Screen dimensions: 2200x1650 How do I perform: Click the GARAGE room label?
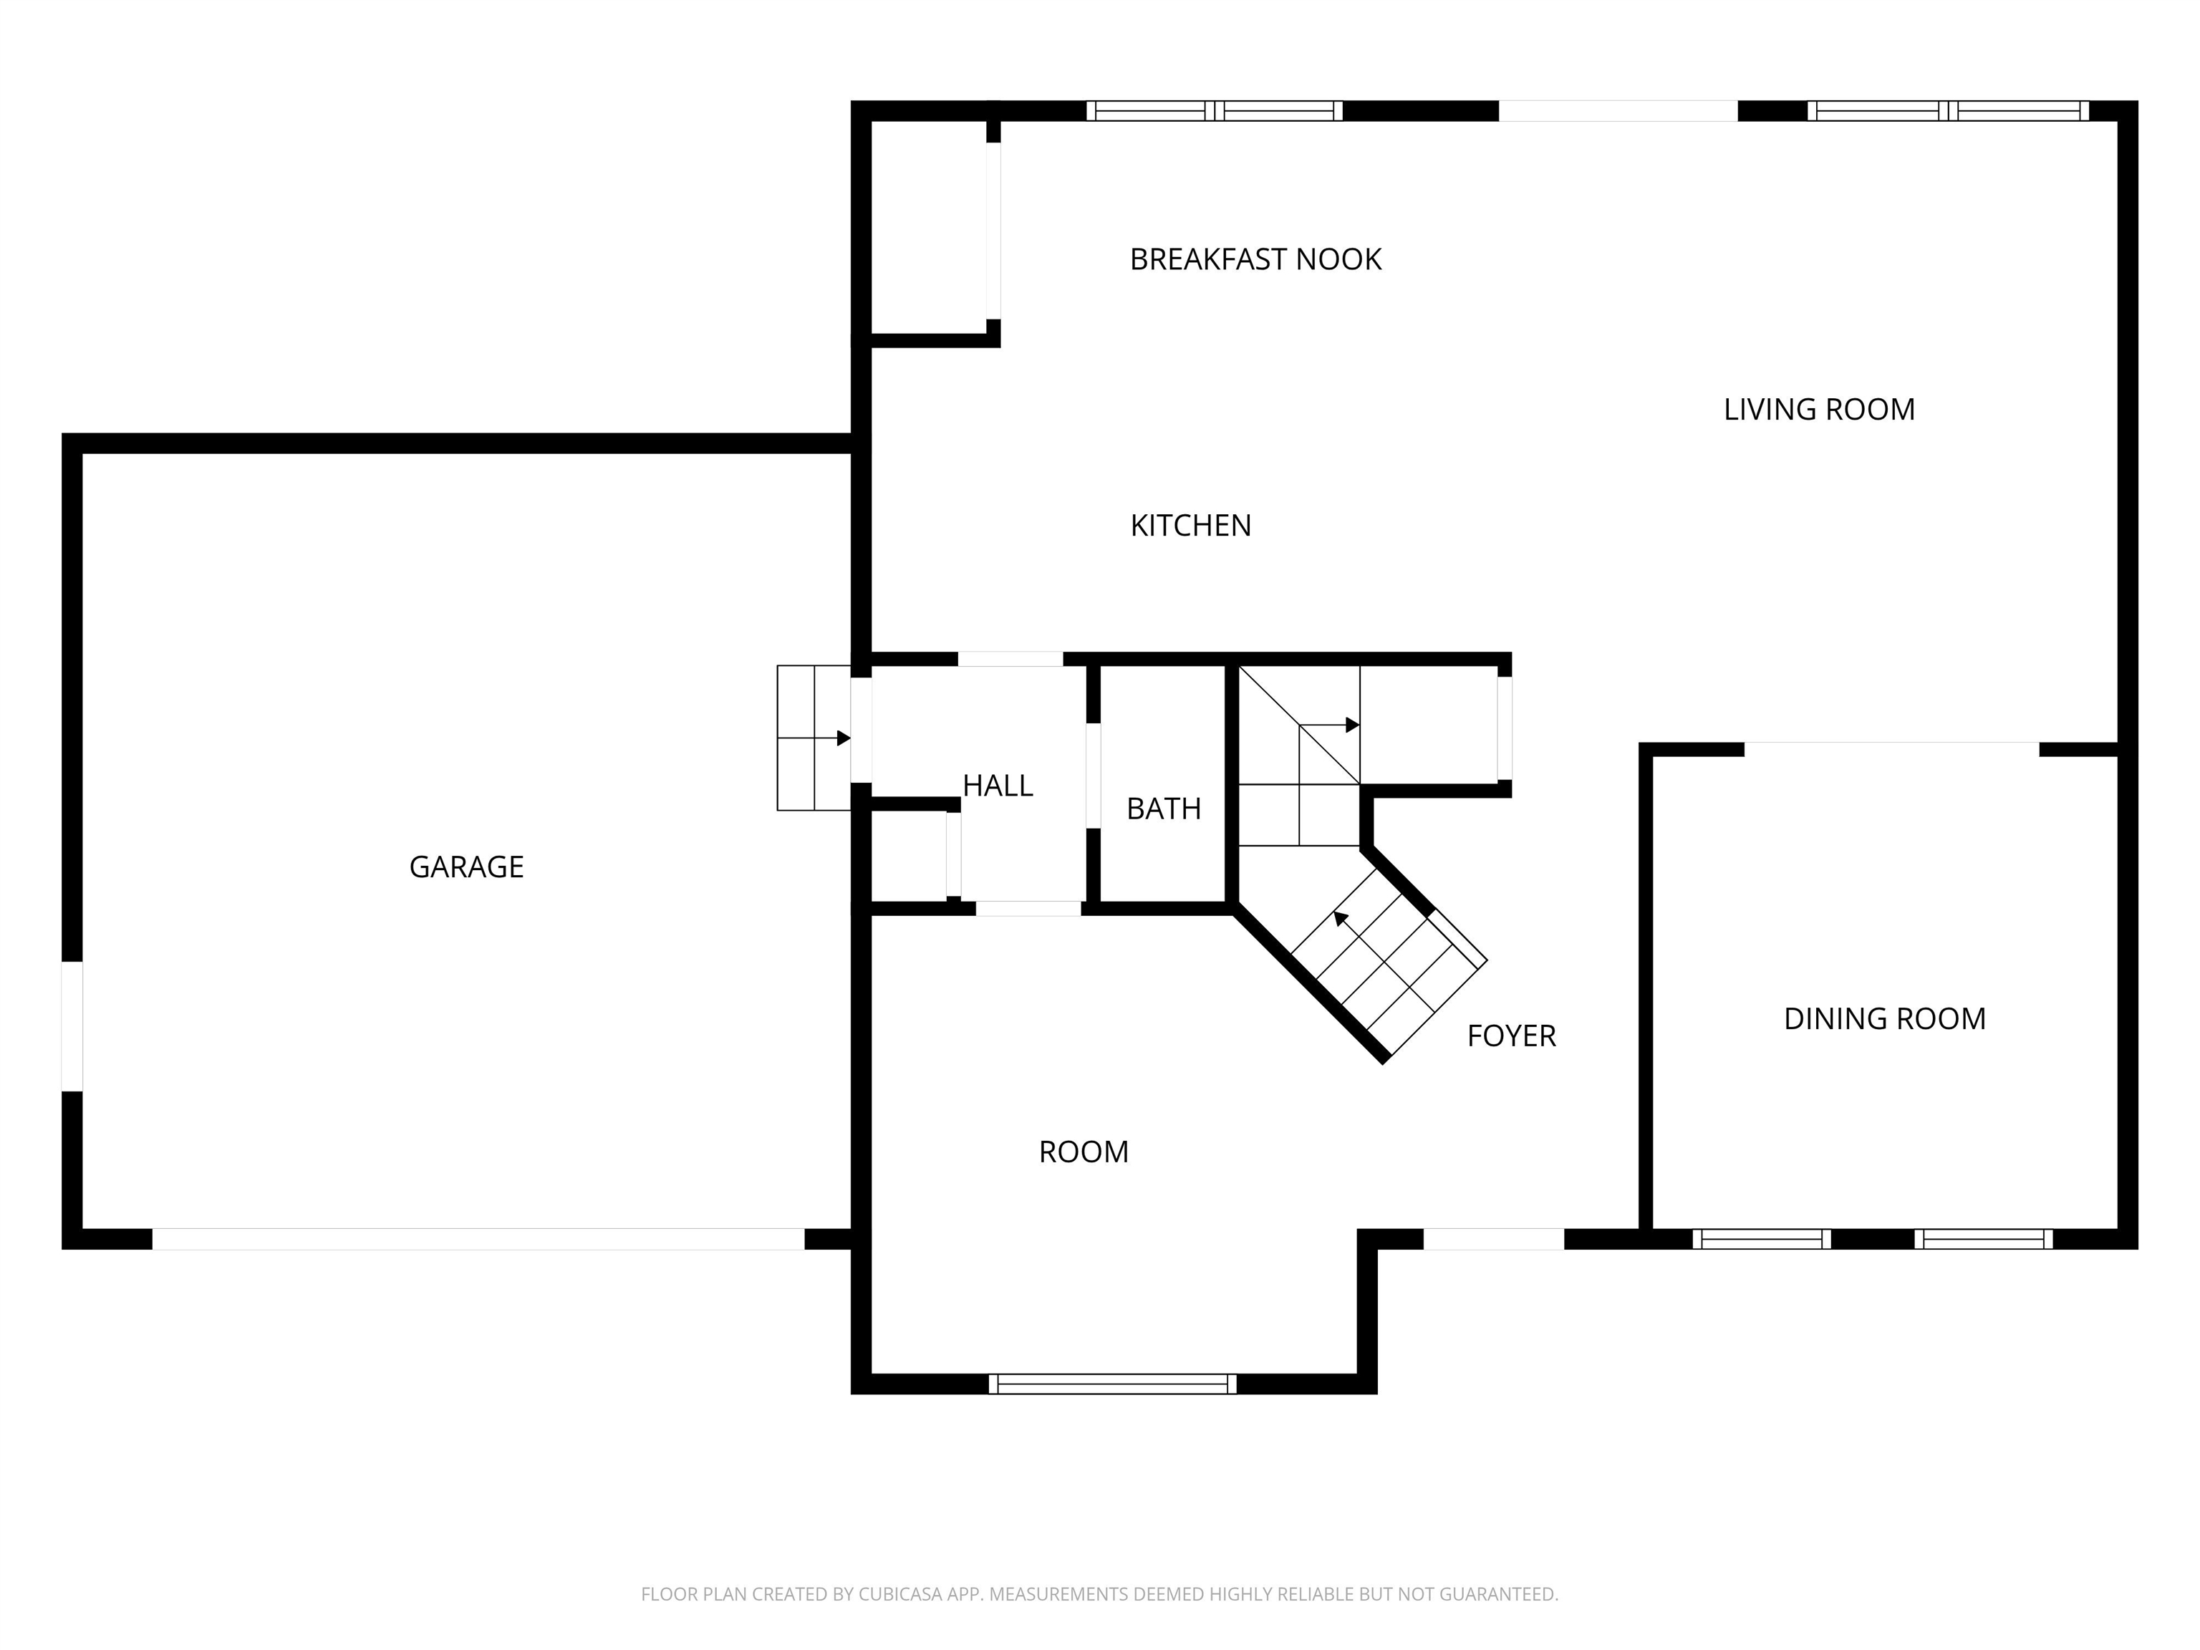tap(466, 867)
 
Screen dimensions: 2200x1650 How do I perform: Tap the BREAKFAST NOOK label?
tap(1255, 259)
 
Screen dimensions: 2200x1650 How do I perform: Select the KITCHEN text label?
tap(1190, 525)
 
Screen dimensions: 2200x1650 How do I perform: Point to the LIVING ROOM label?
tap(1819, 409)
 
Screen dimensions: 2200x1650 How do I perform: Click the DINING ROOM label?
tap(1885, 1018)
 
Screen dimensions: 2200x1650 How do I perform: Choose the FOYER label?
tap(1511, 1036)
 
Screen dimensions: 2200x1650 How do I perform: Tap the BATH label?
tap(1164, 809)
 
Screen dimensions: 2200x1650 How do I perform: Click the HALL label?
tap(998, 786)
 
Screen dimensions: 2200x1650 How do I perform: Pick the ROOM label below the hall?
tap(1083, 1152)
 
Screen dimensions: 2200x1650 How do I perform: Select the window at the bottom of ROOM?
tap(1112, 1384)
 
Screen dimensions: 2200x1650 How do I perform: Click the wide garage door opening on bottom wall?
tap(478, 1238)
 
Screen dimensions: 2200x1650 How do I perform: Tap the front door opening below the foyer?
tap(1494, 1238)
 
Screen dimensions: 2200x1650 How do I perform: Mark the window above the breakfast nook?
tap(1215, 110)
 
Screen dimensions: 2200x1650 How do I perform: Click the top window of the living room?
tap(1947, 110)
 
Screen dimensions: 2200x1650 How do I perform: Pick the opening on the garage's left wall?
tap(72, 1026)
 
